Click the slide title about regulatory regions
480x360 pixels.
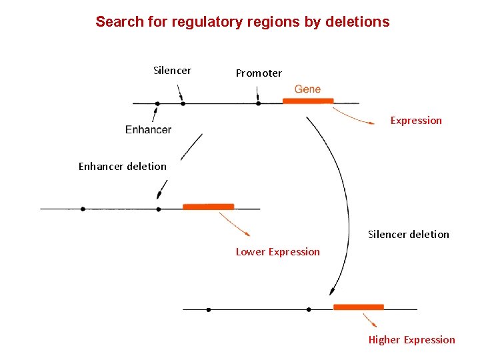tap(242, 21)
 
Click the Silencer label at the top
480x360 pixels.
tap(172, 70)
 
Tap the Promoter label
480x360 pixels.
tap(259, 73)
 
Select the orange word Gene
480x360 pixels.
tap(307, 89)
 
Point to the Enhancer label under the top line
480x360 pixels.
tap(148, 129)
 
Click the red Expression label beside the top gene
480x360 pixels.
tap(416, 121)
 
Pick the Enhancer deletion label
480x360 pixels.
tap(123, 166)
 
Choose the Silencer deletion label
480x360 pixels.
tap(409, 234)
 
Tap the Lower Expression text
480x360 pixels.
tap(277, 251)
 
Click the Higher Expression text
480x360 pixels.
tap(411, 339)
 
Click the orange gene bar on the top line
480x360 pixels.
tap(308, 101)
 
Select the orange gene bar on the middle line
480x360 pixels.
tap(208, 207)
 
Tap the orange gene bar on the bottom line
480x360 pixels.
tap(359, 307)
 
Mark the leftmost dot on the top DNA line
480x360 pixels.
tap(157, 103)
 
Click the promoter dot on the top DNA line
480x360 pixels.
tap(259, 103)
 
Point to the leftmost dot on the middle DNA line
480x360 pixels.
tap(83, 209)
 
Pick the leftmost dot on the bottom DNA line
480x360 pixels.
tap(209, 309)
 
